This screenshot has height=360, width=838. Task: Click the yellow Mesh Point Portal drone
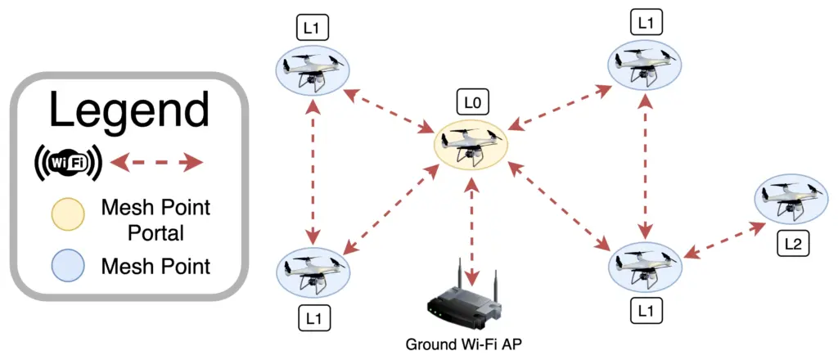(x=473, y=145)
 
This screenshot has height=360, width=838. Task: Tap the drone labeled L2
(x=791, y=199)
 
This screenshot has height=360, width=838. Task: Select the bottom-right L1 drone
(x=647, y=264)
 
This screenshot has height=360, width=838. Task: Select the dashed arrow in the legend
(x=156, y=162)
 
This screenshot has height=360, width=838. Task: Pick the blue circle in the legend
(x=67, y=267)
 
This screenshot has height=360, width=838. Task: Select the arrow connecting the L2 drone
(x=719, y=241)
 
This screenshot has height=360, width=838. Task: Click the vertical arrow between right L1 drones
(x=647, y=164)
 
